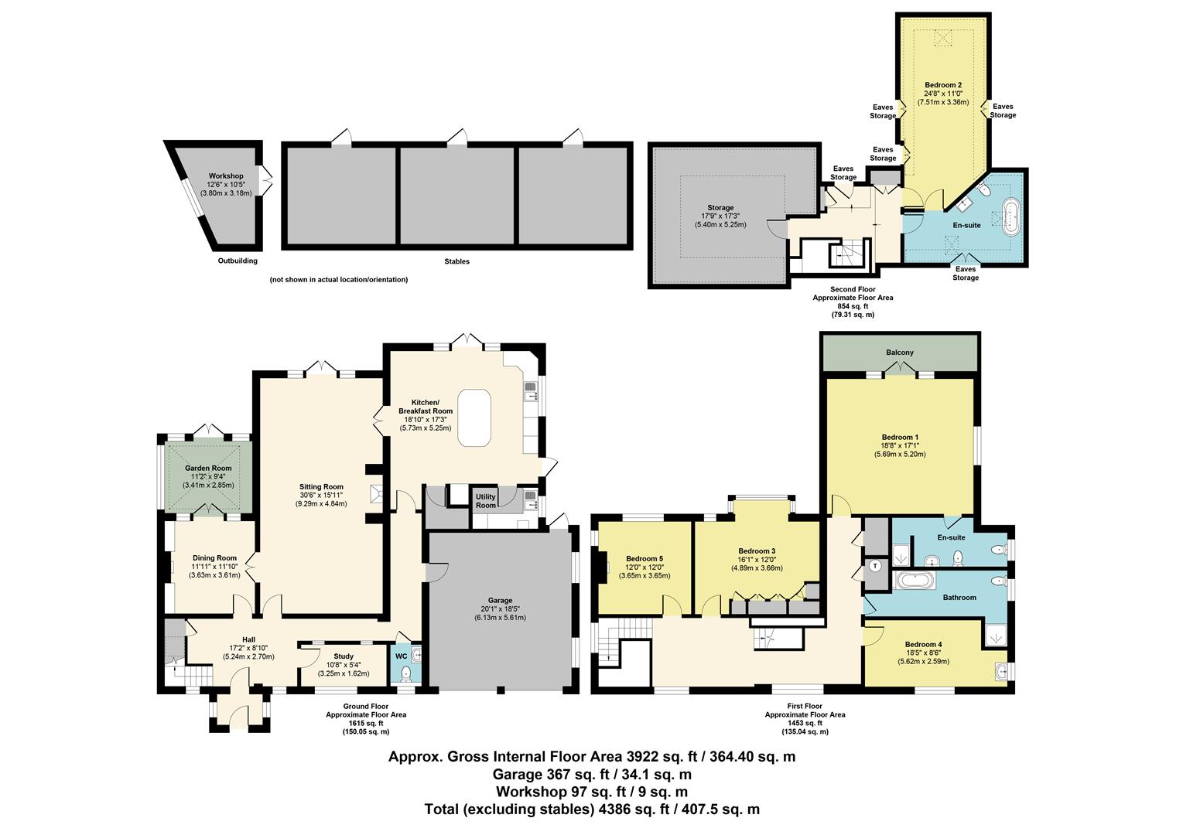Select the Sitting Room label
click(321, 486)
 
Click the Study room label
click(343, 656)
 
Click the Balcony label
click(900, 353)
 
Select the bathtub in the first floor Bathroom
click(915, 579)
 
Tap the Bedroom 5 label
click(644, 558)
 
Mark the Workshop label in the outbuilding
click(225, 176)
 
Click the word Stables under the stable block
click(456, 261)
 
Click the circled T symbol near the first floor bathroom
click(875, 566)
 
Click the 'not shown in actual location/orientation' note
click(338, 280)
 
